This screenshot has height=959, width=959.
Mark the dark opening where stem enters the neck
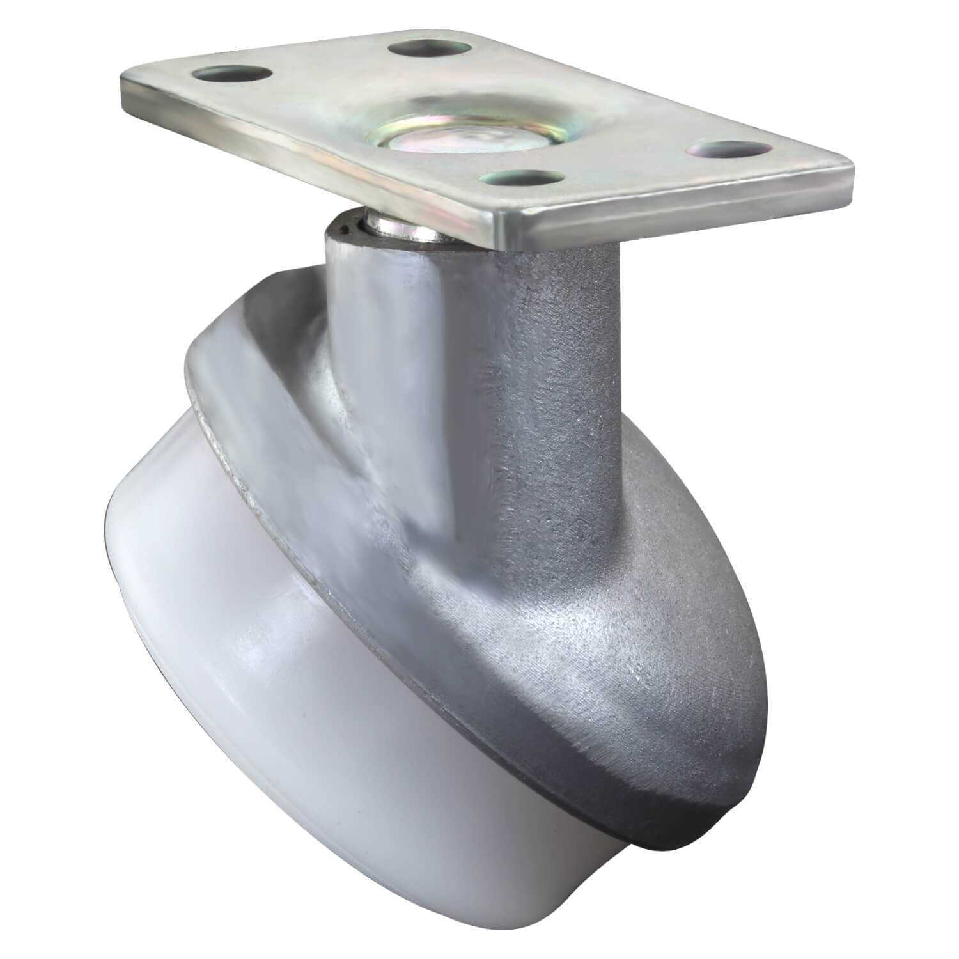(348, 226)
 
